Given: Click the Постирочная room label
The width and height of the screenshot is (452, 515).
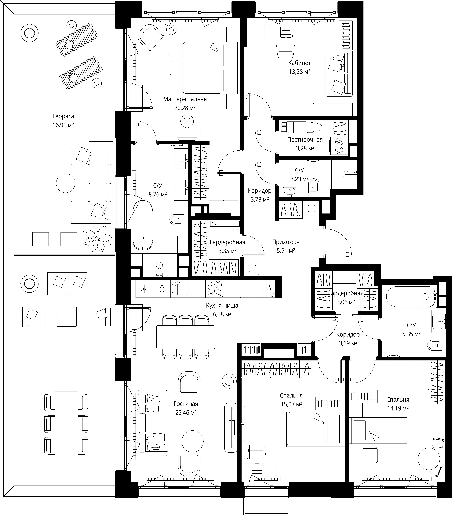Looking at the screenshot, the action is coord(305,140).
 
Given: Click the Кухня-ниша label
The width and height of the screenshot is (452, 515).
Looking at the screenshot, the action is coord(222,306).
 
